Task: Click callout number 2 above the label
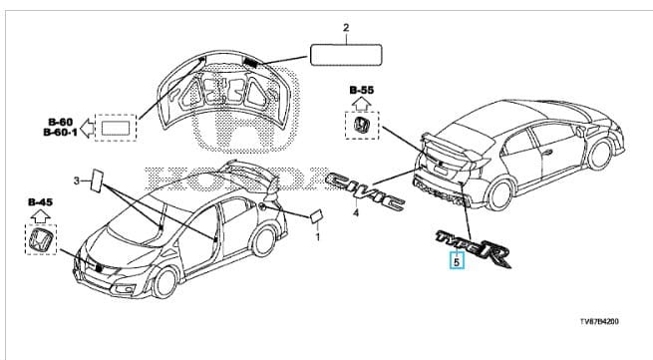346,28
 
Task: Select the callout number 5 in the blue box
457,262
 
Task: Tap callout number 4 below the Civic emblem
356,213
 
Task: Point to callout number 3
77,180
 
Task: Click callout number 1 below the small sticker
317,237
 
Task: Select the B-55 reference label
362,90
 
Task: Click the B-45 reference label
41,202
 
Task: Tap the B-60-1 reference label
61,133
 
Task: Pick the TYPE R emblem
474,249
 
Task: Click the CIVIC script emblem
366,192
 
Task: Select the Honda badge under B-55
362,126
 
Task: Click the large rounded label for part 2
346,55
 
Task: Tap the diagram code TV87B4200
600,322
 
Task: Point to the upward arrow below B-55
362,104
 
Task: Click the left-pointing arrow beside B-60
87,128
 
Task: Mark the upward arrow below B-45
41,215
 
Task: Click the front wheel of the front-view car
164,282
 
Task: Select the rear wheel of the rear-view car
500,194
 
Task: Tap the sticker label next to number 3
97,180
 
